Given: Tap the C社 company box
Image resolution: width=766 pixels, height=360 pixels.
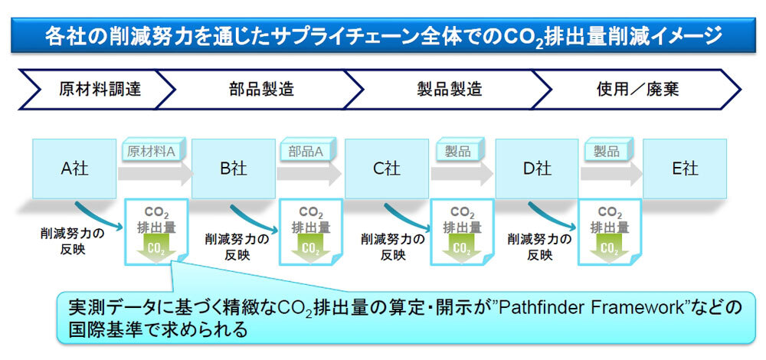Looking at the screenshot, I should [387, 169].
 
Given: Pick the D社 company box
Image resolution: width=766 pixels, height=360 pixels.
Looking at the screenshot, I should [537, 169].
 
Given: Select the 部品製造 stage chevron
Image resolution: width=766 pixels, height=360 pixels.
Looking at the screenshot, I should [260, 89].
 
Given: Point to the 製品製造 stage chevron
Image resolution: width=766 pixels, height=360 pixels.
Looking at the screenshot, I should [448, 89].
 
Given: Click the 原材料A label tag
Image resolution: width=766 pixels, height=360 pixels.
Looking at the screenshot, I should [151, 151].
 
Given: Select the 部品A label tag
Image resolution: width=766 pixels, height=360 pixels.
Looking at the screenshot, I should [306, 151].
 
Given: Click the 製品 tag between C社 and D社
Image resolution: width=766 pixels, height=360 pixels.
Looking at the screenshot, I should [459, 151].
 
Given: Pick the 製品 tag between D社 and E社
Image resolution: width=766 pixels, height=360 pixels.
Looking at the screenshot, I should [607, 151].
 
